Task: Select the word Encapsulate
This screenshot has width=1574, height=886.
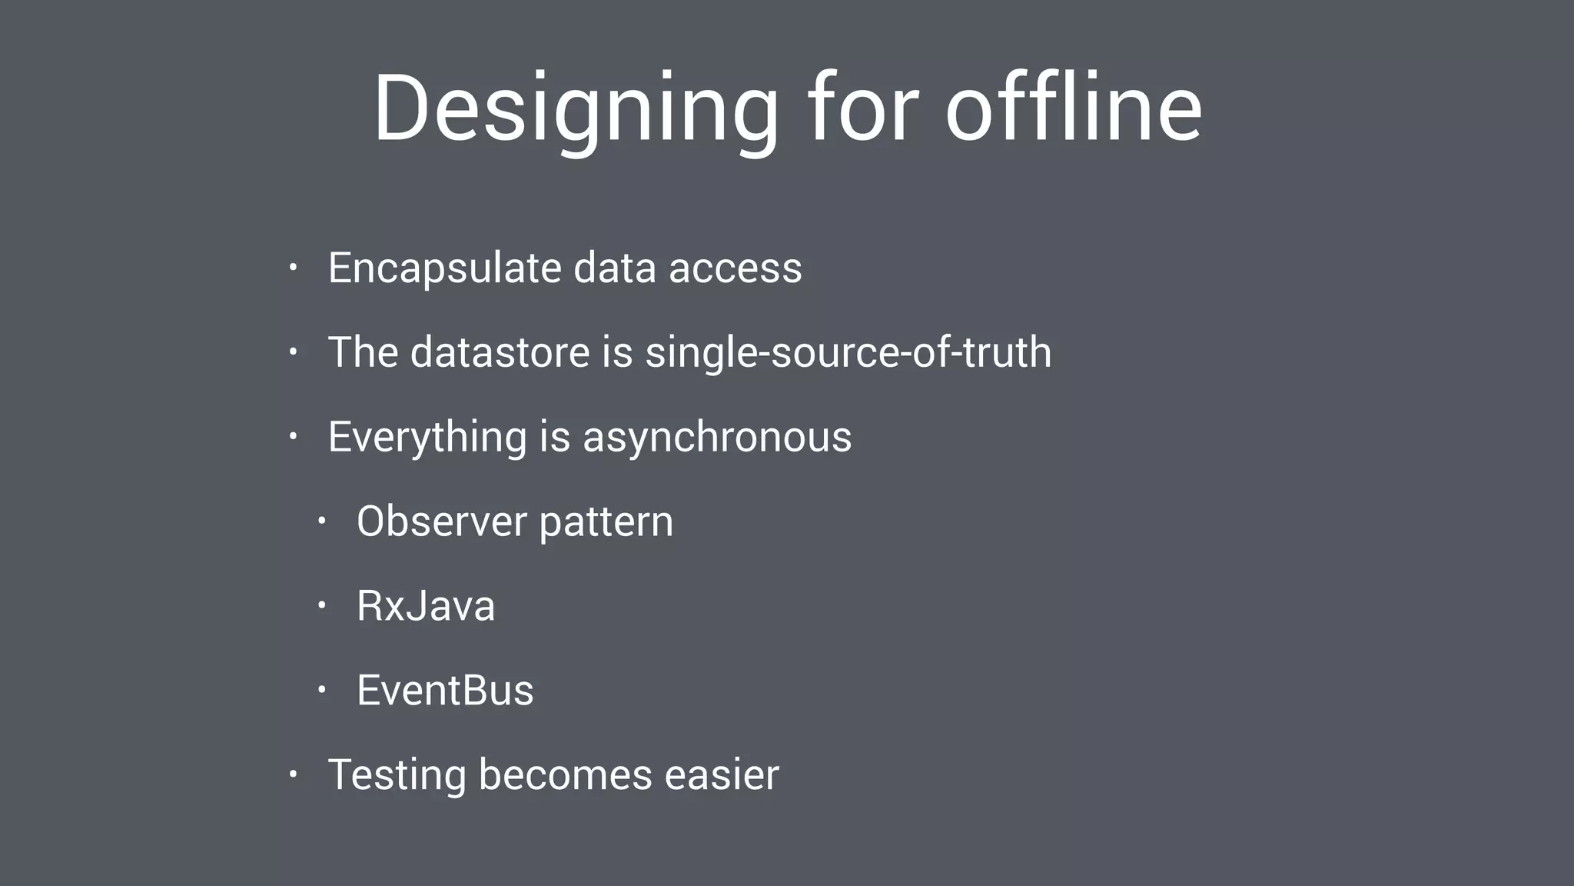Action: pos(445,268)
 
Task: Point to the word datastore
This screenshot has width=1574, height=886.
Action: pos(500,352)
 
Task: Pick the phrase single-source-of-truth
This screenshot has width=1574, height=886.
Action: pos(848,352)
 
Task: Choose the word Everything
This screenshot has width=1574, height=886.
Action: pos(427,437)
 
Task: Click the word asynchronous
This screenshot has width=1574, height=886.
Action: pos(717,437)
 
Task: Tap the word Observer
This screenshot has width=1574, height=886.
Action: pos(441,521)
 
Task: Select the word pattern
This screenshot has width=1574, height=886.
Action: pos(606,521)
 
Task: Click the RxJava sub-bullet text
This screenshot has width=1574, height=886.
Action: pos(426,606)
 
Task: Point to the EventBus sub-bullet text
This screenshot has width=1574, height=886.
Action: pos(445,690)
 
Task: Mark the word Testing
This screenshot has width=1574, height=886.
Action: pos(397,774)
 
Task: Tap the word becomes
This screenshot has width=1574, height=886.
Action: pos(565,774)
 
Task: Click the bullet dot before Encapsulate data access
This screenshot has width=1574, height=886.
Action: pos(293,268)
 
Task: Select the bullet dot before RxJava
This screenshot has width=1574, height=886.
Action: pos(322,605)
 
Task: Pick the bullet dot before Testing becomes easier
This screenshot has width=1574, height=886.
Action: pos(293,774)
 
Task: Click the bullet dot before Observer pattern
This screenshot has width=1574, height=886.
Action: pos(322,521)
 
